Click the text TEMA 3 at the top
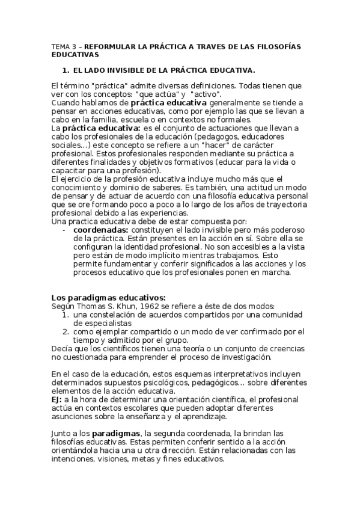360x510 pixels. click(x=61, y=46)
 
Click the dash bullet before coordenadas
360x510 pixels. click(x=64, y=230)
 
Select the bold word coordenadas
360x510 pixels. click(x=99, y=230)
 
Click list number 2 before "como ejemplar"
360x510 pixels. click(x=66, y=331)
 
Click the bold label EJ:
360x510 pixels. click(x=58, y=399)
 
